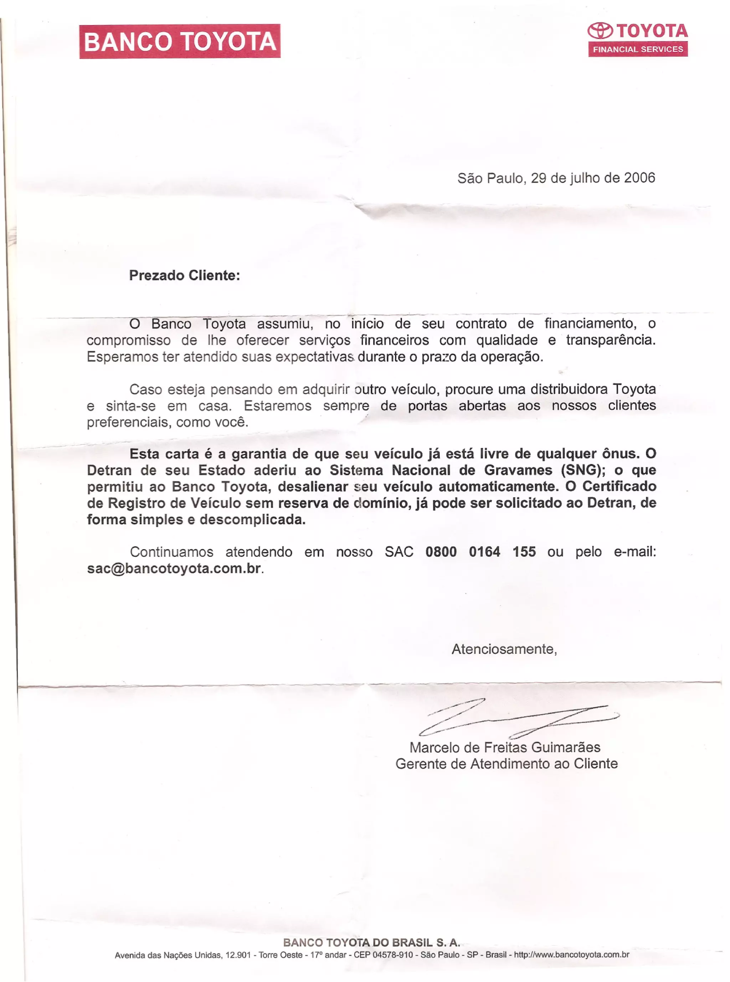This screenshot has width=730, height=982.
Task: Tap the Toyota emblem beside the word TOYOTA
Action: (600, 31)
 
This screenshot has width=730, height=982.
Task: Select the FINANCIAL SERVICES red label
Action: (638, 49)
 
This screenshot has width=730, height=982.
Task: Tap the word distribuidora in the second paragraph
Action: (569, 389)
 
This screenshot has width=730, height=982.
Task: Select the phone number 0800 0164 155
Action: (480, 552)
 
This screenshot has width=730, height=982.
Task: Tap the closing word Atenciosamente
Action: (503, 649)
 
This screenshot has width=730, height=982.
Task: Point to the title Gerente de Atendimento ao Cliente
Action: (507, 764)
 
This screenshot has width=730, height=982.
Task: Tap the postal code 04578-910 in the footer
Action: (393, 955)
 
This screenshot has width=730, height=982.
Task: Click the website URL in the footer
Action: (571, 955)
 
